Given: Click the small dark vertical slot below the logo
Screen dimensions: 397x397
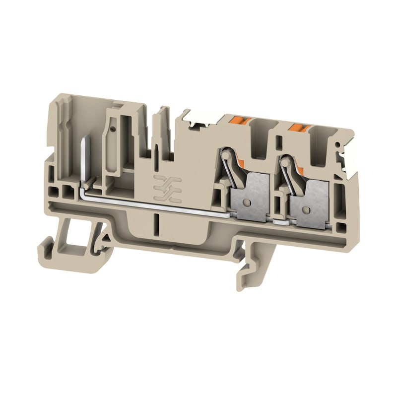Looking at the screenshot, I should [x=157, y=221].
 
